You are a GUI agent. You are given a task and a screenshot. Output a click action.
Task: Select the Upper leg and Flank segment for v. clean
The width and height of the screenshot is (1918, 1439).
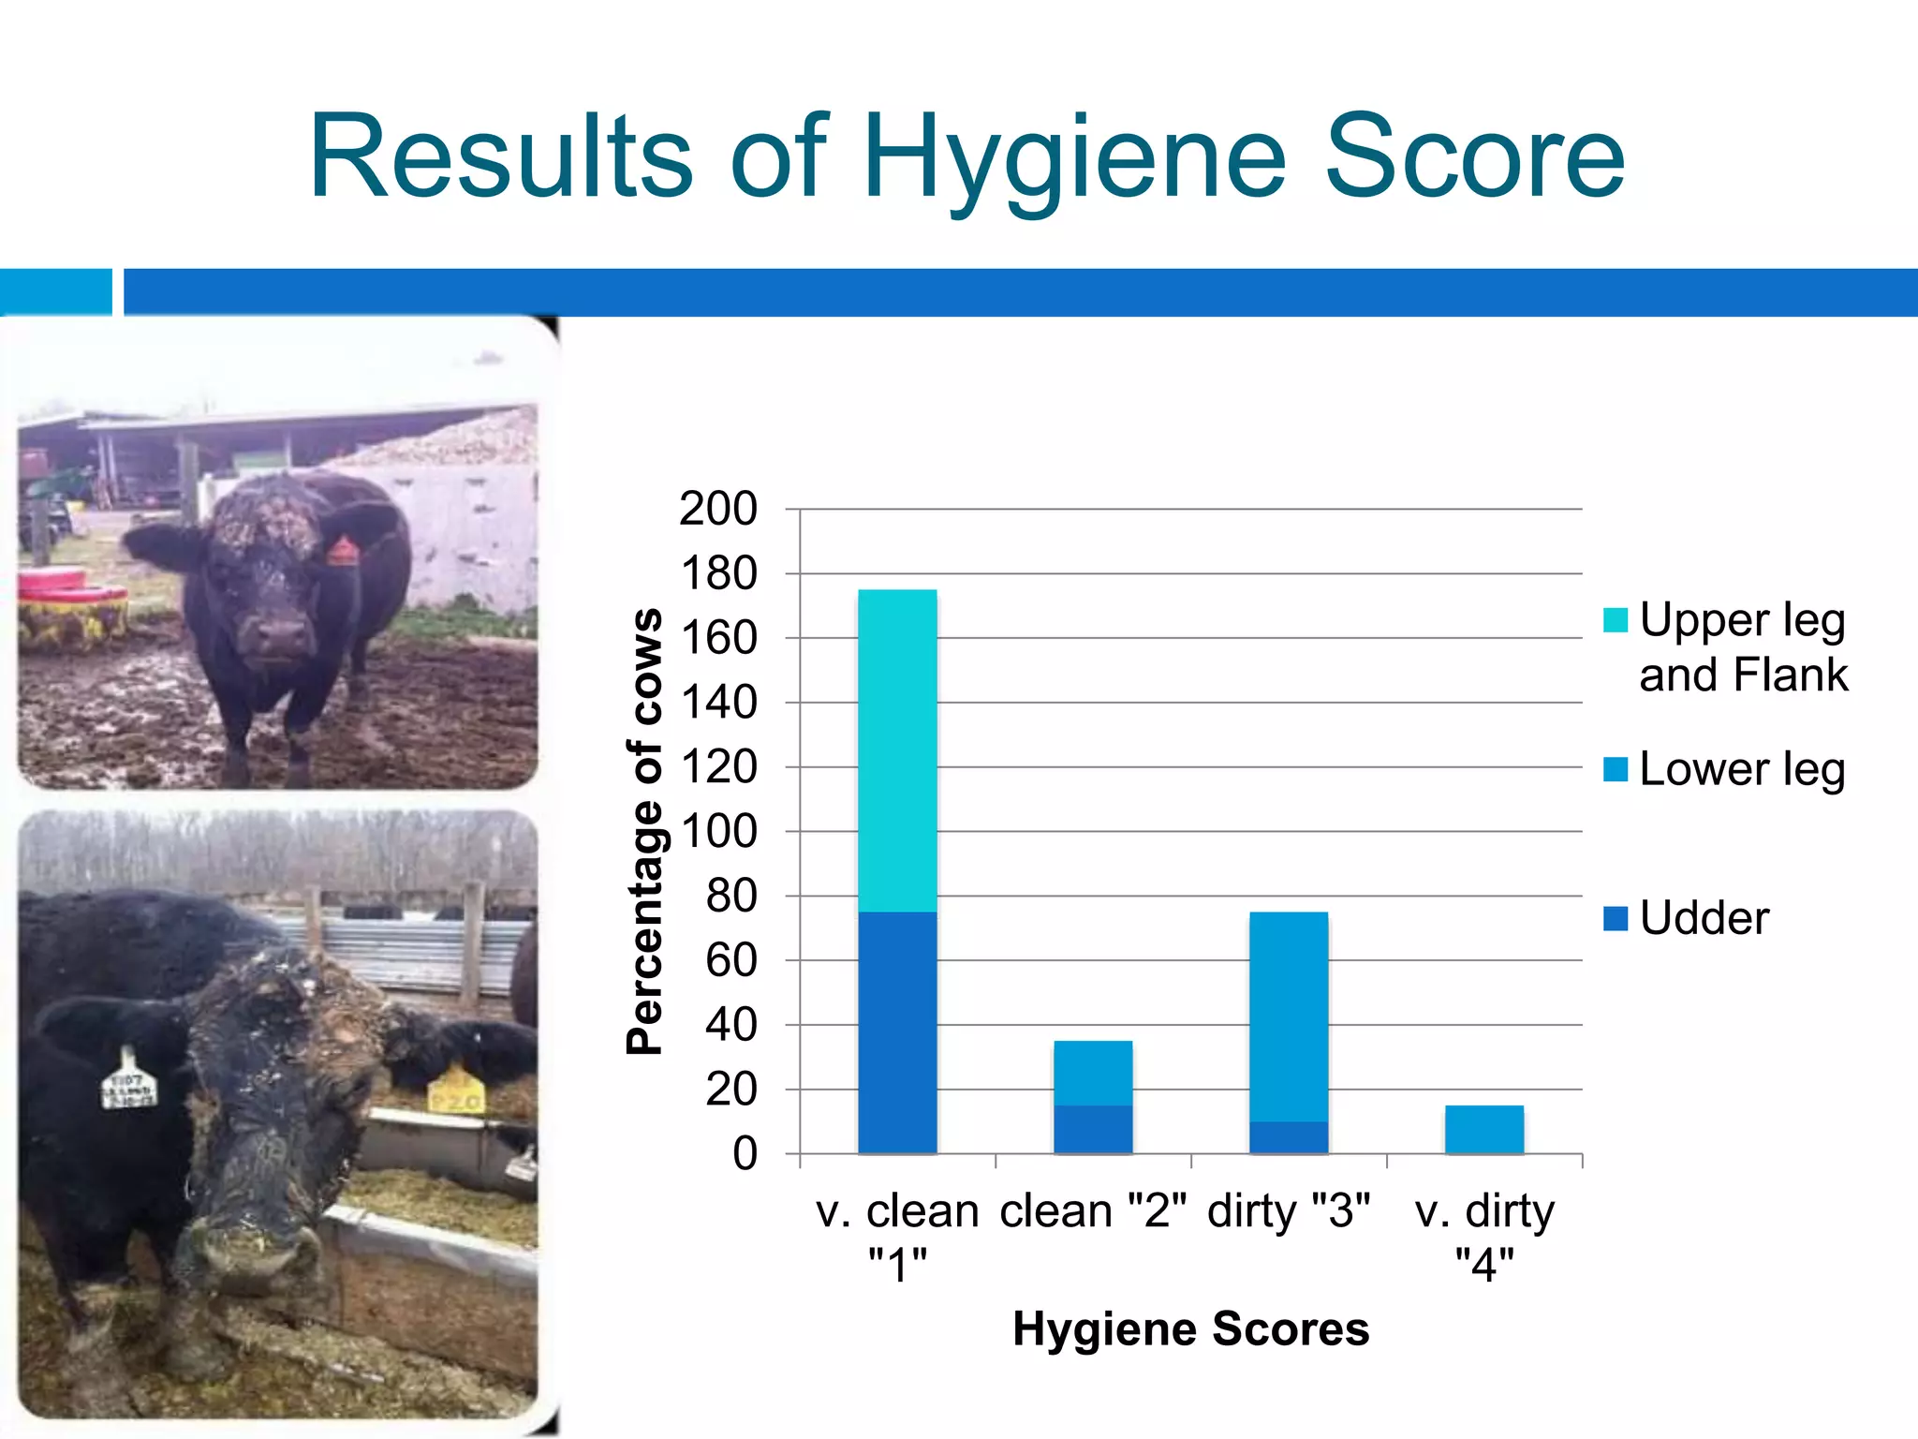(x=897, y=749)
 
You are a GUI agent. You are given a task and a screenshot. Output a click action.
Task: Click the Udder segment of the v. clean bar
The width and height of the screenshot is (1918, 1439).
(x=897, y=1031)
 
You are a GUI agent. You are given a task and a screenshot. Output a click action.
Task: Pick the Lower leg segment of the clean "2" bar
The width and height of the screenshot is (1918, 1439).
(x=1093, y=1073)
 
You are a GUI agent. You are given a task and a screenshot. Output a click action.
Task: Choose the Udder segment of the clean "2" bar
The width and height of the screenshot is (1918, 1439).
(x=1093, y=1129)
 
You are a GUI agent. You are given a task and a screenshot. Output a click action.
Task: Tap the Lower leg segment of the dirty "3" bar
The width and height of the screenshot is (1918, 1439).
(x=1289, y=1016)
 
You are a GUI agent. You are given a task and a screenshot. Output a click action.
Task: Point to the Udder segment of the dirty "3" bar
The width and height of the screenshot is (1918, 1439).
(x=1289, y=1137)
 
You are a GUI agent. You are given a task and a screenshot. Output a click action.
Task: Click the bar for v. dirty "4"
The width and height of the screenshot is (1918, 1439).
(x=1484, y=1129)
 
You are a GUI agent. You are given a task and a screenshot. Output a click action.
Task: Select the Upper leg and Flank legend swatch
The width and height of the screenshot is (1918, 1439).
(x=1616, y=620)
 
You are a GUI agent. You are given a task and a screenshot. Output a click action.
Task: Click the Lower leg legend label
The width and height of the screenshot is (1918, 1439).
(x=1742, y=770)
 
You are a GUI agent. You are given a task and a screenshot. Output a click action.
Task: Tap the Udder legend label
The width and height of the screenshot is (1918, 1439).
(x=1704, y=918)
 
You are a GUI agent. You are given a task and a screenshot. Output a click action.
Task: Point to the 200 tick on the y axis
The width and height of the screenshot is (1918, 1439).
(x=718, y=510)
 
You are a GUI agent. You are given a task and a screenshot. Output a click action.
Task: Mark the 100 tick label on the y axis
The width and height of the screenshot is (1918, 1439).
(x=718, y=832)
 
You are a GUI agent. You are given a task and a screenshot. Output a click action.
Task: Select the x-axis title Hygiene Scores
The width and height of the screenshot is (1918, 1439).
(x=1190, y=1328)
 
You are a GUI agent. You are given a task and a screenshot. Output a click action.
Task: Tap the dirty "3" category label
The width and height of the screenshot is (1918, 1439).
(x=1289, y=1211)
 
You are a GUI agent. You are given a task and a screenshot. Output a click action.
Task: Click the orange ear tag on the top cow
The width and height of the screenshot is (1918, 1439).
(x=342, y=550)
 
